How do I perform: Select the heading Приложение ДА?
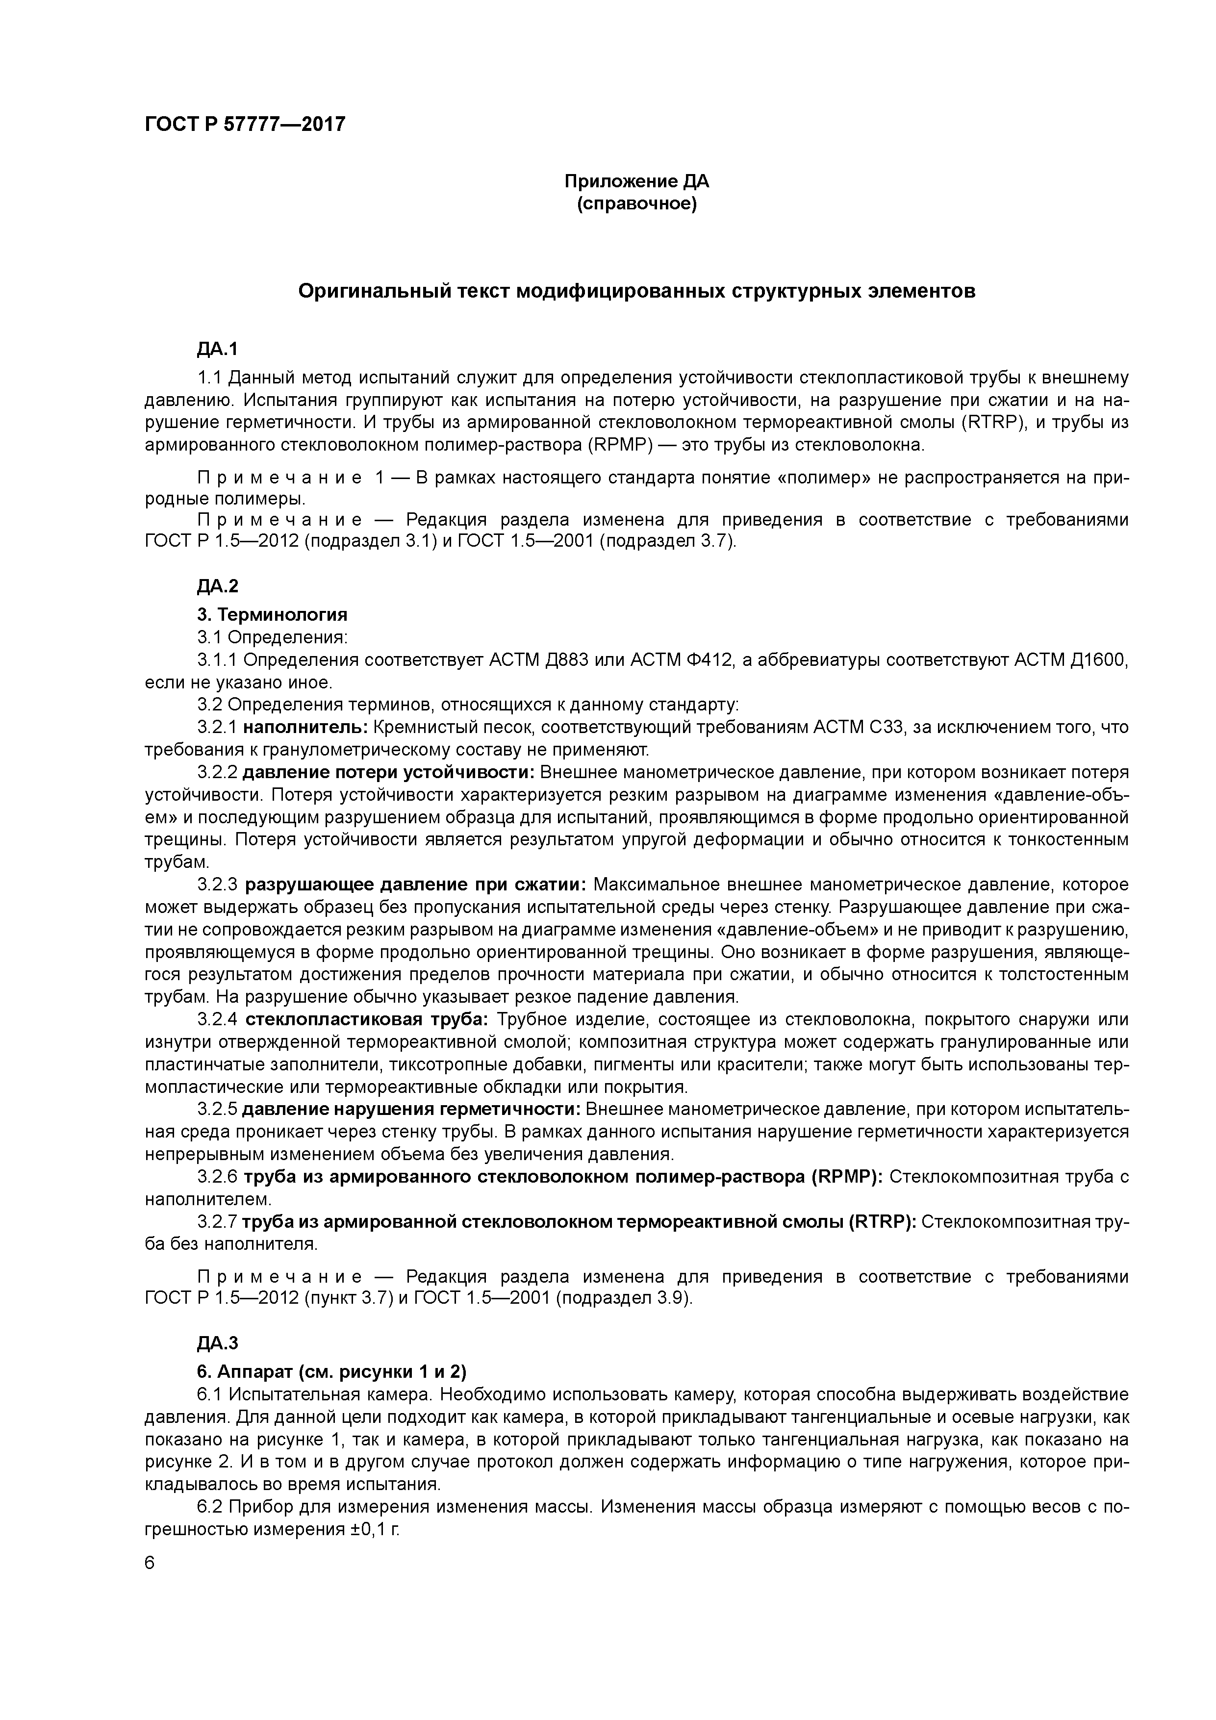pos(636,181)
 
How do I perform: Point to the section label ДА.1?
pos(217,349)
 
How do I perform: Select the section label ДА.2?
pos(217,586)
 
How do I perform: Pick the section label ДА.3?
pos(217,1343)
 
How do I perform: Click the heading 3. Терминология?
pos(272,614)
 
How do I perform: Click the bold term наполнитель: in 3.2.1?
pos(305,727)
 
